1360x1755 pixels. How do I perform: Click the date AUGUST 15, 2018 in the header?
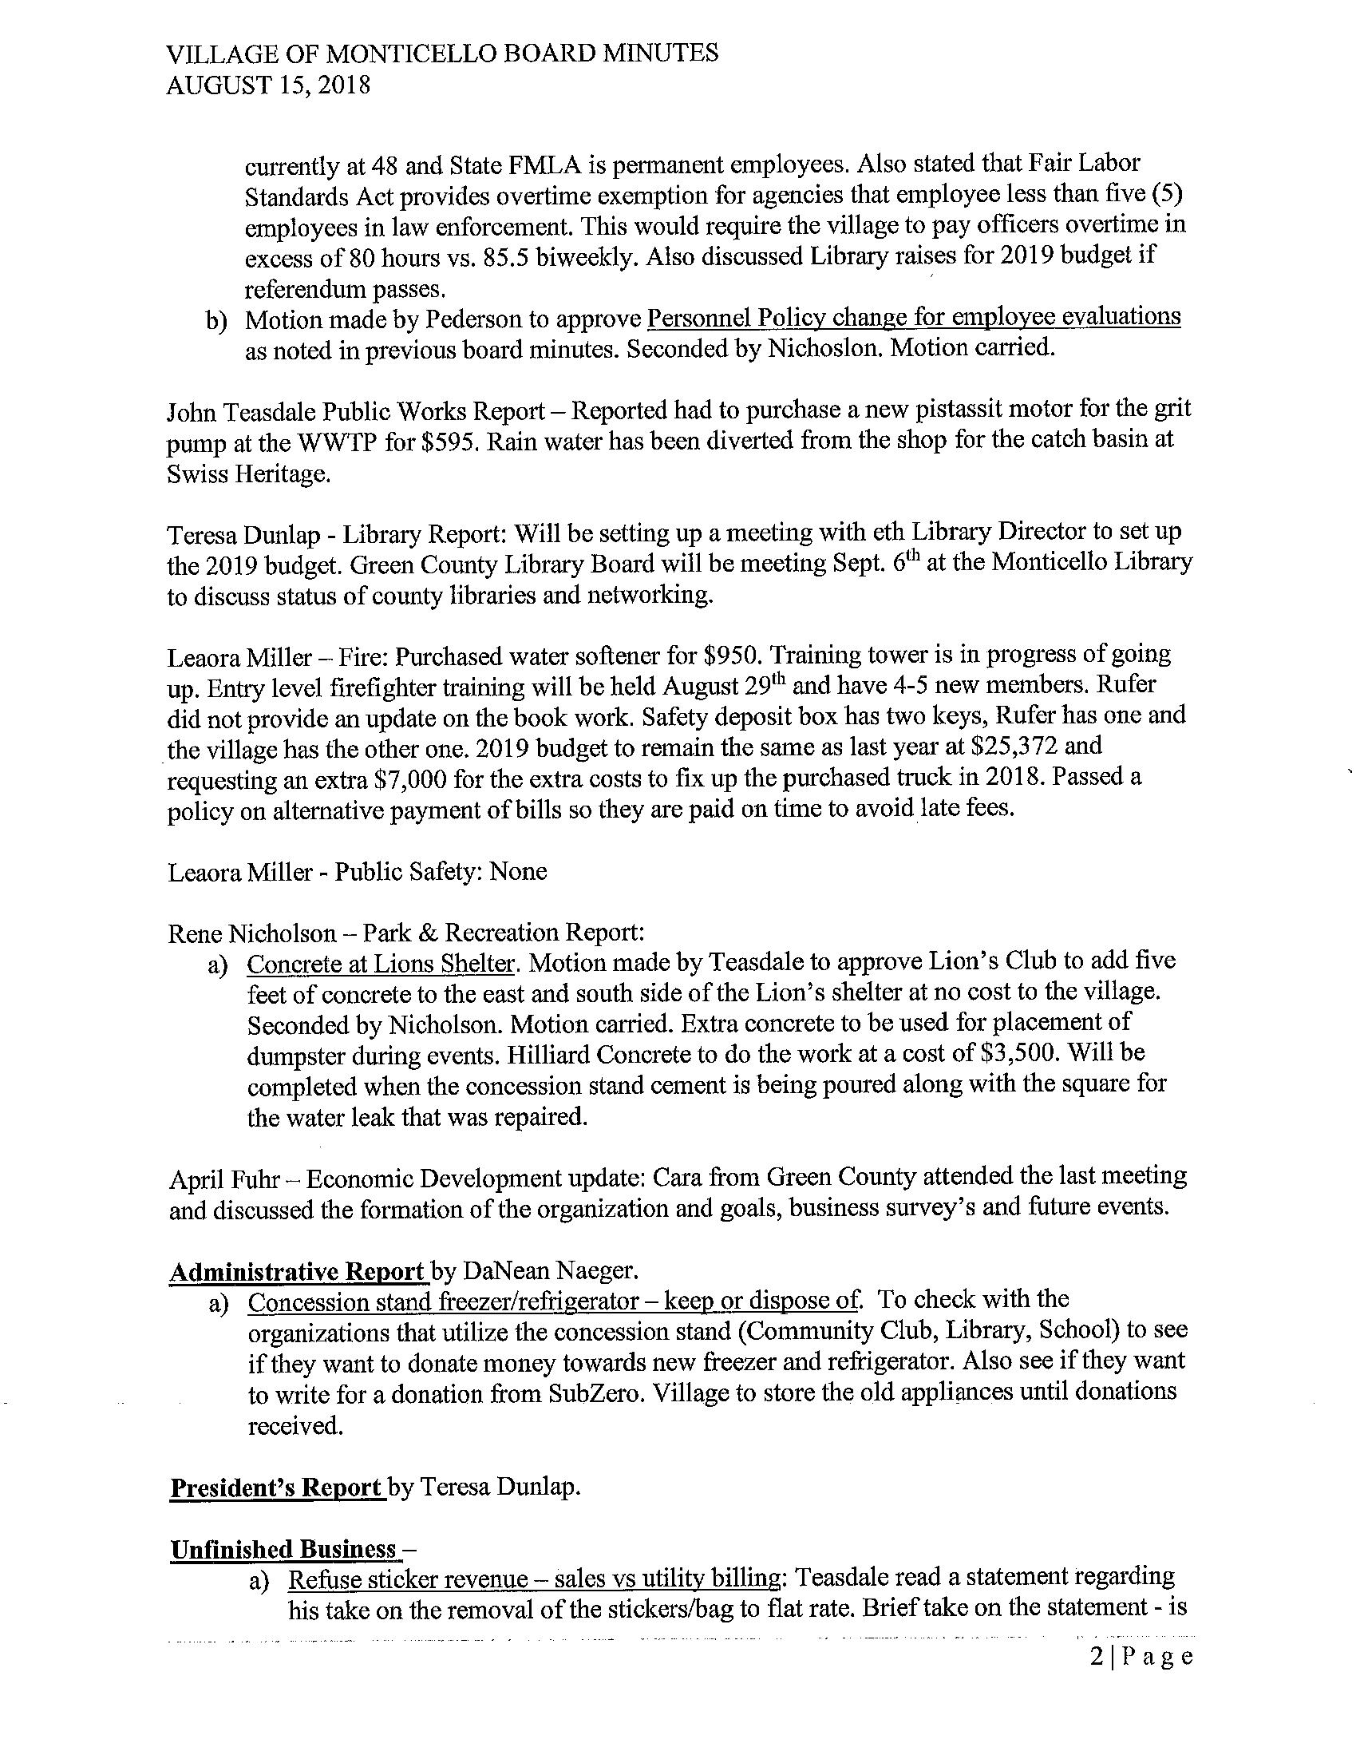267,85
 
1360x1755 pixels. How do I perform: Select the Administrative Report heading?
297,1271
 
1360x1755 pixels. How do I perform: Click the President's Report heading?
276,1487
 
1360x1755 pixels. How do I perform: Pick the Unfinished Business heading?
283,1548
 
